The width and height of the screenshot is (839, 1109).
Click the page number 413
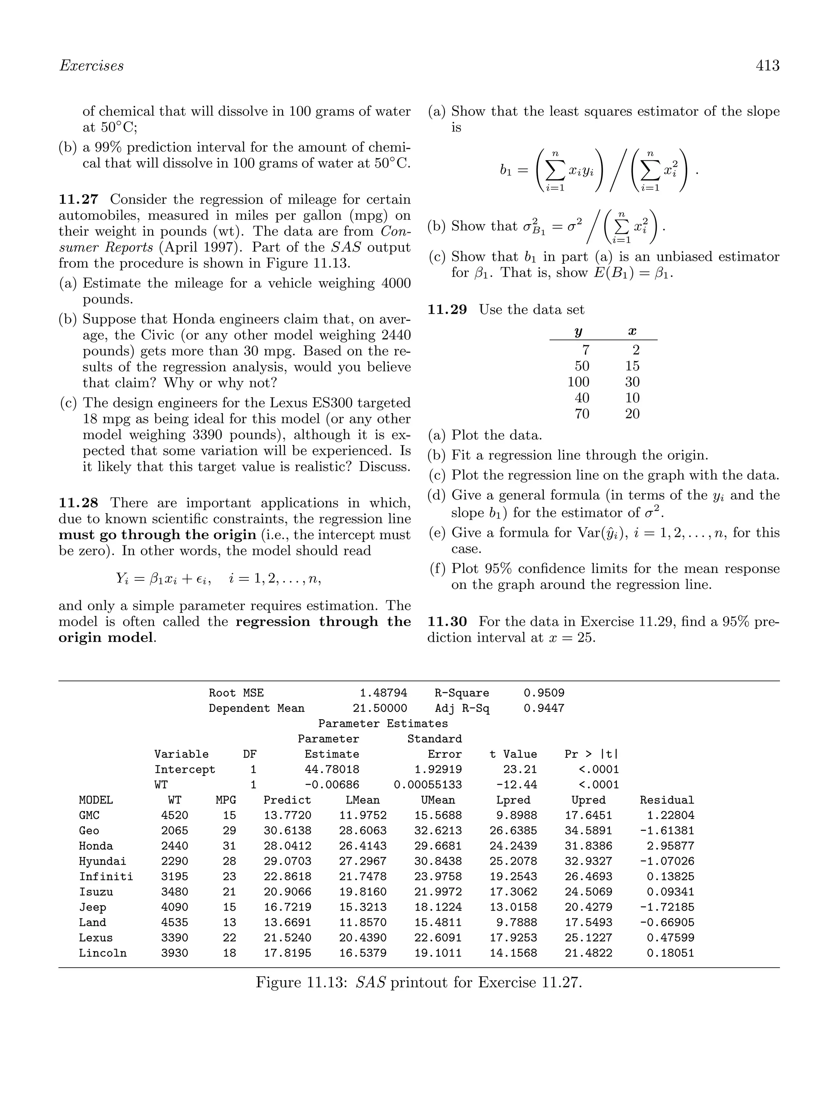point(767,66)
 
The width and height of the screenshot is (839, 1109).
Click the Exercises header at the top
point(91,66)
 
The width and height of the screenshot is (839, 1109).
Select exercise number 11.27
point(78,200)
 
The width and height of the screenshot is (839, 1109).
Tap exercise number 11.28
point(78,503)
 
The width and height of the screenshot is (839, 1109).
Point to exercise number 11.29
point(447,310)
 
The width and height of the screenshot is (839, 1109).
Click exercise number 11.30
point(447,622)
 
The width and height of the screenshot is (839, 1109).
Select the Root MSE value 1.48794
point(383,693)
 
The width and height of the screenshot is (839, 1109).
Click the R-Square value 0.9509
point(543,693)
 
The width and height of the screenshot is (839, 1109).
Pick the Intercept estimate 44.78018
point(332,769)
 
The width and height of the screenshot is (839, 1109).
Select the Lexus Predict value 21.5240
point(287,938)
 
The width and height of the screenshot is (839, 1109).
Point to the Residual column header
point(667,800)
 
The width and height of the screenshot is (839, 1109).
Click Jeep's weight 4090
point(175,907)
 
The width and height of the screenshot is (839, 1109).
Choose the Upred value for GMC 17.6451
point(588,815)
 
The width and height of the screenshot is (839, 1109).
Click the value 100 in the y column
point(578,382)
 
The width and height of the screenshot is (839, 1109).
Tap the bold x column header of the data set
point(632,332)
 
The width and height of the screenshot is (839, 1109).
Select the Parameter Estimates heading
point(383,723)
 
